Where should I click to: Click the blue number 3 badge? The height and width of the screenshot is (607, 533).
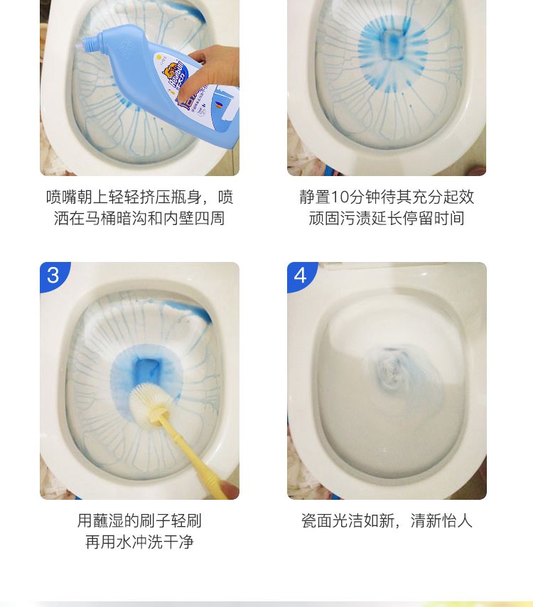(x=53, y=275)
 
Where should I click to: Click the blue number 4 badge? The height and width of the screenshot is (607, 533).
(x=301, y=275)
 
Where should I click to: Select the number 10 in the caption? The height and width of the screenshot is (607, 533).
(x=340, y=197)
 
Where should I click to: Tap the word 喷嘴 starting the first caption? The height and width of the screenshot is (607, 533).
(x=61, y=197)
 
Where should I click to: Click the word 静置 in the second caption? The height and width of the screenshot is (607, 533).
(x=315, y=197)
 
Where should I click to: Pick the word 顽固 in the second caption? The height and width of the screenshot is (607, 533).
(x=324, y=219)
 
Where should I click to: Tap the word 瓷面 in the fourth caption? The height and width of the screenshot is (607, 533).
(x=317, y=521)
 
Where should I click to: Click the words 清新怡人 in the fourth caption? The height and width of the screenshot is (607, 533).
(x=441, y=521)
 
